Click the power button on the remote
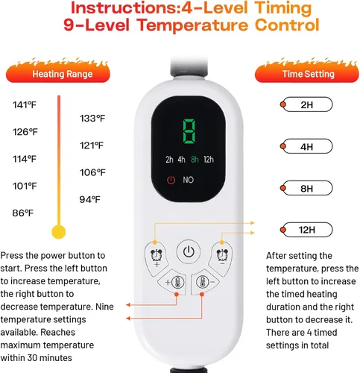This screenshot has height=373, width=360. (189, 251)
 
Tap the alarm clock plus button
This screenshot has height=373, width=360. (156, 259)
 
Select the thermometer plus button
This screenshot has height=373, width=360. (173, 282)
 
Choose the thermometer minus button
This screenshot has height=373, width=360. (205, 282)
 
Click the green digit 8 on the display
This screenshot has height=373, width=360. (189, 131)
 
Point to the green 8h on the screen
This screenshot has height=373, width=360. (195, 160)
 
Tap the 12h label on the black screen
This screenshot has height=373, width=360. (209, 160)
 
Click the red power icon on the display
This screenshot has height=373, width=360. (171, 180)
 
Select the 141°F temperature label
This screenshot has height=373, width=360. (25, 105)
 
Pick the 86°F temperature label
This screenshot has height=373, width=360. (22, 213)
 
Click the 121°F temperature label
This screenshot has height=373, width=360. (92, 145)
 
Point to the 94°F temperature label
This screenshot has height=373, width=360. (90, 199)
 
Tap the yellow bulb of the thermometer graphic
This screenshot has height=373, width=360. (59, 232)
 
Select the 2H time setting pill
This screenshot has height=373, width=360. (307, 104)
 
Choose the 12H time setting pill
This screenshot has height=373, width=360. (307, 230)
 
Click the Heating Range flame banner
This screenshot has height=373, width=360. (58, 72)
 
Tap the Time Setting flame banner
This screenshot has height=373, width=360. (307, 72)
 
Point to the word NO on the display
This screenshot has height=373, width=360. (188, 180)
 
